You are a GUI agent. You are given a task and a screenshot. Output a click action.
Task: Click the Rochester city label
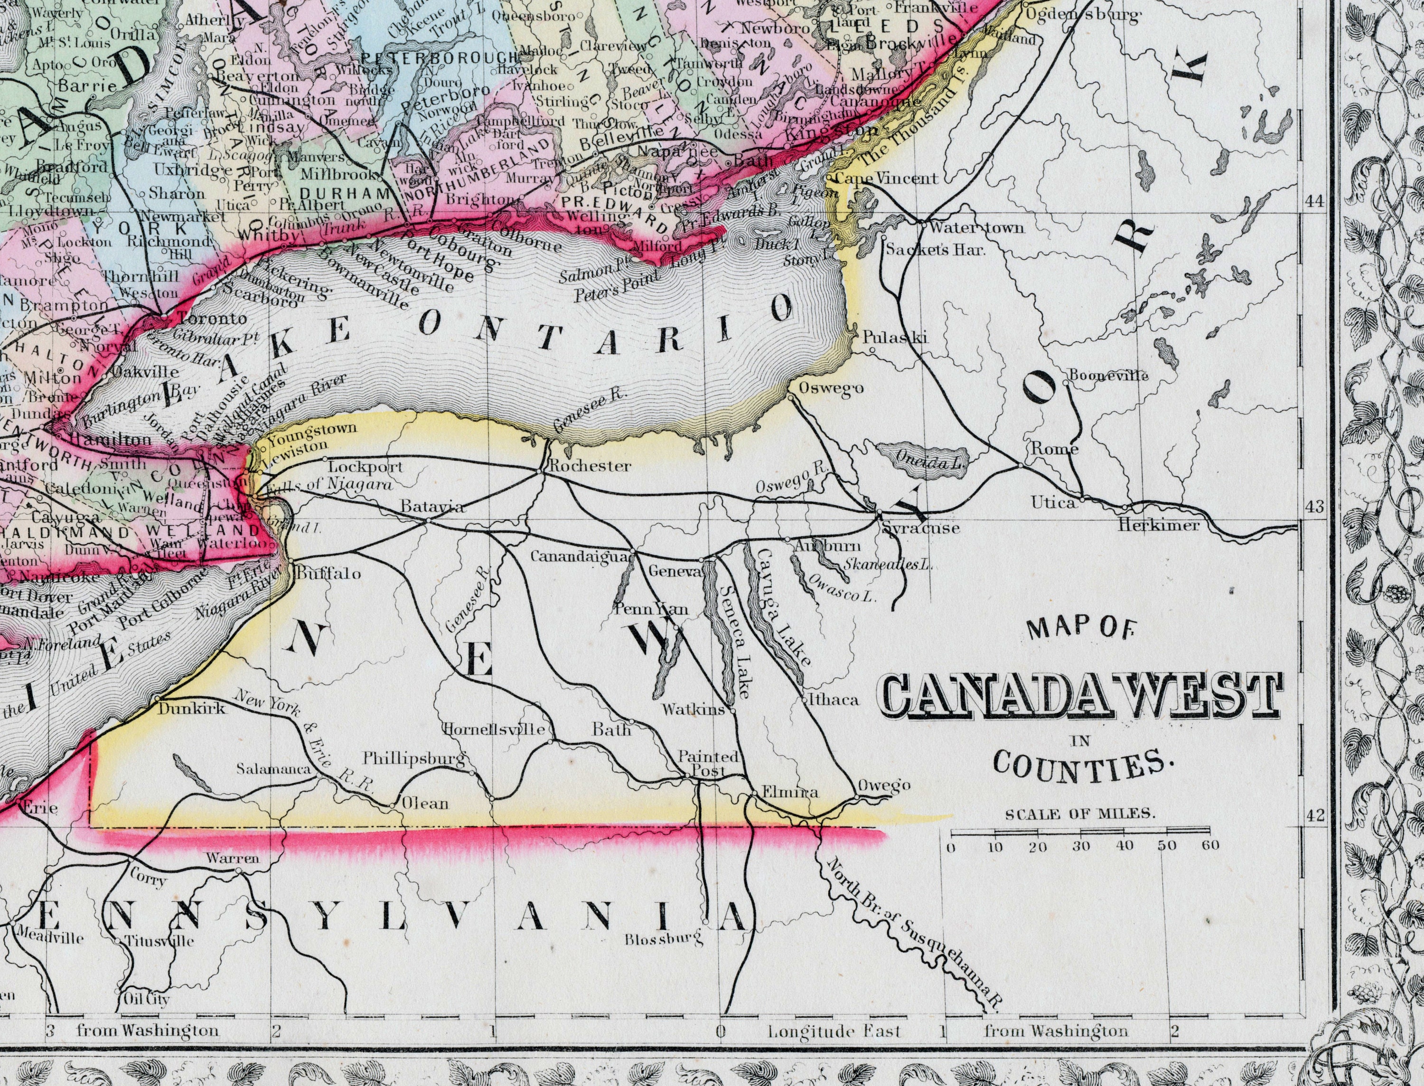[x=590, y=466]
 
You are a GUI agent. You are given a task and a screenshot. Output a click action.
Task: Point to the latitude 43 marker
[x=1314, y=507]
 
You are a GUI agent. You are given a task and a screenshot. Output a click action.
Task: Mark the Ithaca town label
[x=834, y=700]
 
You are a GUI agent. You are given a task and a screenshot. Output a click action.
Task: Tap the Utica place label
[x=1054, y=502]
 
